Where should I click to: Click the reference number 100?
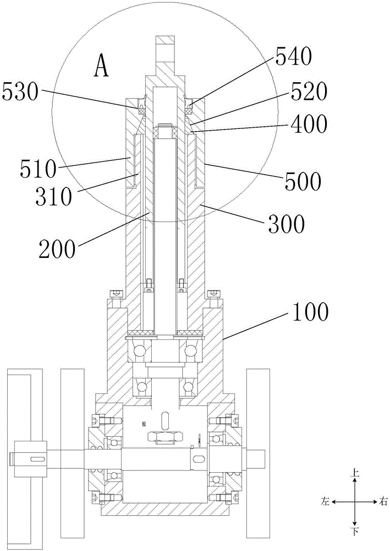310,312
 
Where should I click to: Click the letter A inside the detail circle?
102,67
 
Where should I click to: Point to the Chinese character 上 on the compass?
355,473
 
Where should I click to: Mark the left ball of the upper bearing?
137,350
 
